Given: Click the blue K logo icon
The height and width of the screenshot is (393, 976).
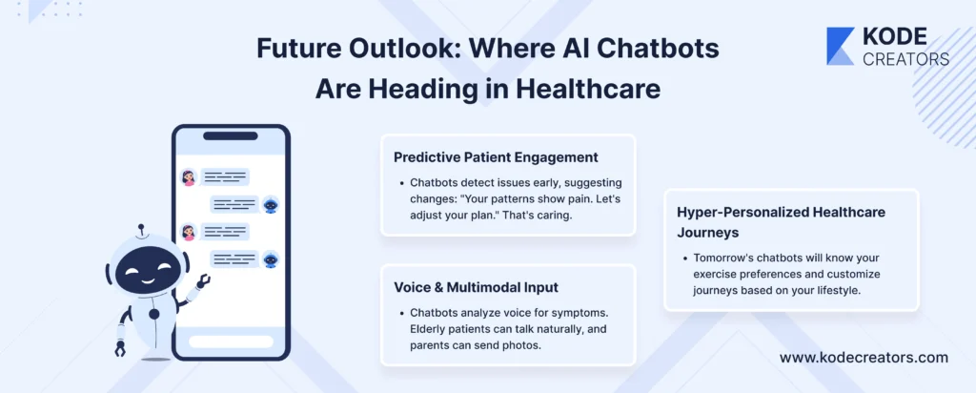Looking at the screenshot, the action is click(841, 46).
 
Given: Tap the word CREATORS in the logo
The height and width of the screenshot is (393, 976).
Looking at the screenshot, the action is click(905, 58).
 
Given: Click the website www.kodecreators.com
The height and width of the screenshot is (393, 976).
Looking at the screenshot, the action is click(864, 358).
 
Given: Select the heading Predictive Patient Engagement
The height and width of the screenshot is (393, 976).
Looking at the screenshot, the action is click(496, 157).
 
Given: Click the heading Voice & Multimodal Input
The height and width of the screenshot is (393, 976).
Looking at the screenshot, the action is click(477, 287).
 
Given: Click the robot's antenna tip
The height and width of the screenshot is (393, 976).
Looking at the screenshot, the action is click(141, 227).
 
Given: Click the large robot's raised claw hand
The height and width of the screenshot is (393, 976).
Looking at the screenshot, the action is click(202, 282).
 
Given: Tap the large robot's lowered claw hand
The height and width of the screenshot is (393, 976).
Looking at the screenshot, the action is click(120, 349).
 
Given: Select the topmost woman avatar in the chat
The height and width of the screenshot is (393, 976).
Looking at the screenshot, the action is click(188, 177).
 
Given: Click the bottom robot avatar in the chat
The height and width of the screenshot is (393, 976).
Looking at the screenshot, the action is click(270, 259).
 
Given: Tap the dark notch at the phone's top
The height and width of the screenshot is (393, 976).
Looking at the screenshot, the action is click(231, 136).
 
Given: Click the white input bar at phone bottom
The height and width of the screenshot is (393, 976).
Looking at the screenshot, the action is click(231, 341).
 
